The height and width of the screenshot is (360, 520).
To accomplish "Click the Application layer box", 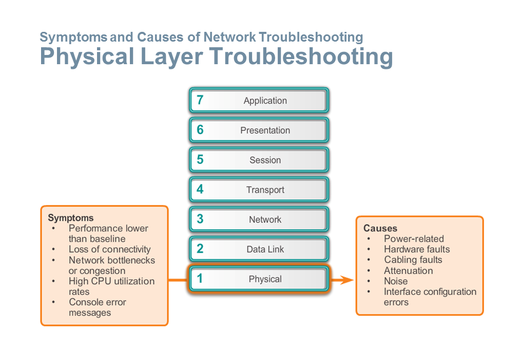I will pos(259,101).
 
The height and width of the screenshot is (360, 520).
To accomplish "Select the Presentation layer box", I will pos(259,130).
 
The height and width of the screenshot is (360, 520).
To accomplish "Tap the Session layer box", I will pos(259,160).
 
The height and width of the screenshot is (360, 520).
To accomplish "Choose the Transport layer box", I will pos(259,190).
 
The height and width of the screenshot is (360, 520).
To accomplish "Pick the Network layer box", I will pos(259,220).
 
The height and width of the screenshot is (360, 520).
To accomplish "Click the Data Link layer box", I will pos(259,250).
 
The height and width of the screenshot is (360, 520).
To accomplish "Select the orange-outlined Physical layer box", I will pos(259,279).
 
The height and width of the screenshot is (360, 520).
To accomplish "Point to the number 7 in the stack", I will pos(200,100).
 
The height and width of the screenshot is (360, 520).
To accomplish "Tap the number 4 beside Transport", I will pos(200,190).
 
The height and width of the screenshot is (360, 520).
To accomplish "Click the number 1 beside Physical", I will pos(200,279).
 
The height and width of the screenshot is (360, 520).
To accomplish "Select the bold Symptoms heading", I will pos(71,218).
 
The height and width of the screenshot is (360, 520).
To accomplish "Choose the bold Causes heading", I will pos(380,228).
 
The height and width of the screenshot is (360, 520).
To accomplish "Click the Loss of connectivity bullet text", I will pos(109,250).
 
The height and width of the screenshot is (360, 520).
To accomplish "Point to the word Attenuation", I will pos(408,271).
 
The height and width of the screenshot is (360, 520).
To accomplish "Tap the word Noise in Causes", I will pos(396,281).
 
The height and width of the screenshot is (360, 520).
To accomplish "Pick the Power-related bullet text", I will pos(414,239).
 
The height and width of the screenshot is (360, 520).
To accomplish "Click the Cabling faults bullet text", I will pos(413,260).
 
